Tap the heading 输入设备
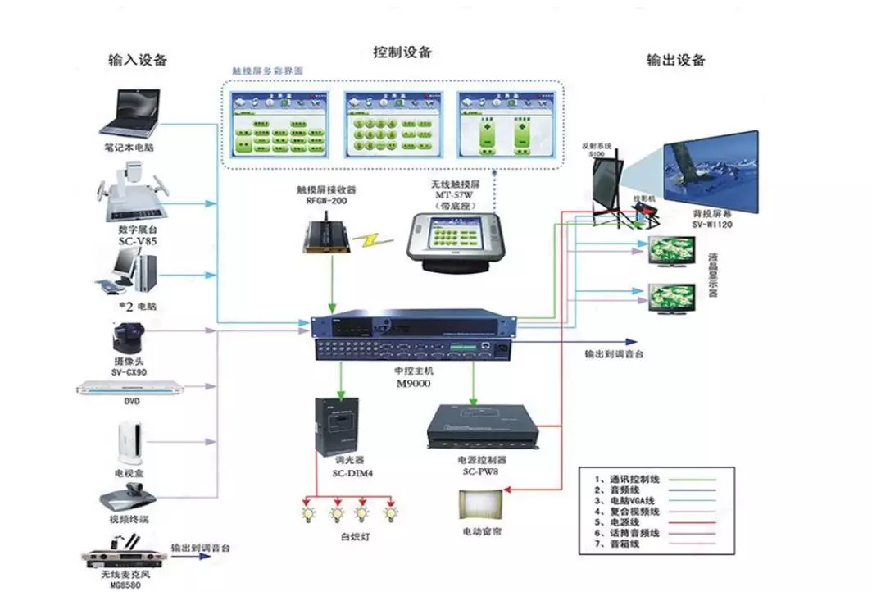pyautogui.click(x=138, y=60)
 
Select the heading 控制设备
pyautogui.click(x=402, y=52)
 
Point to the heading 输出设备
pyautogui.click(x=676, y=60)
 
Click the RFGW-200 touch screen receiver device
pyautogui.click(x=326, y=236)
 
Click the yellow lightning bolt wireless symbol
pyautogui.click(x=378, y=240)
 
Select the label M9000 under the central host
pyautogui.click(x=413, y=382)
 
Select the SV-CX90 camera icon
pyautogui.click(x=129, y=338)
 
